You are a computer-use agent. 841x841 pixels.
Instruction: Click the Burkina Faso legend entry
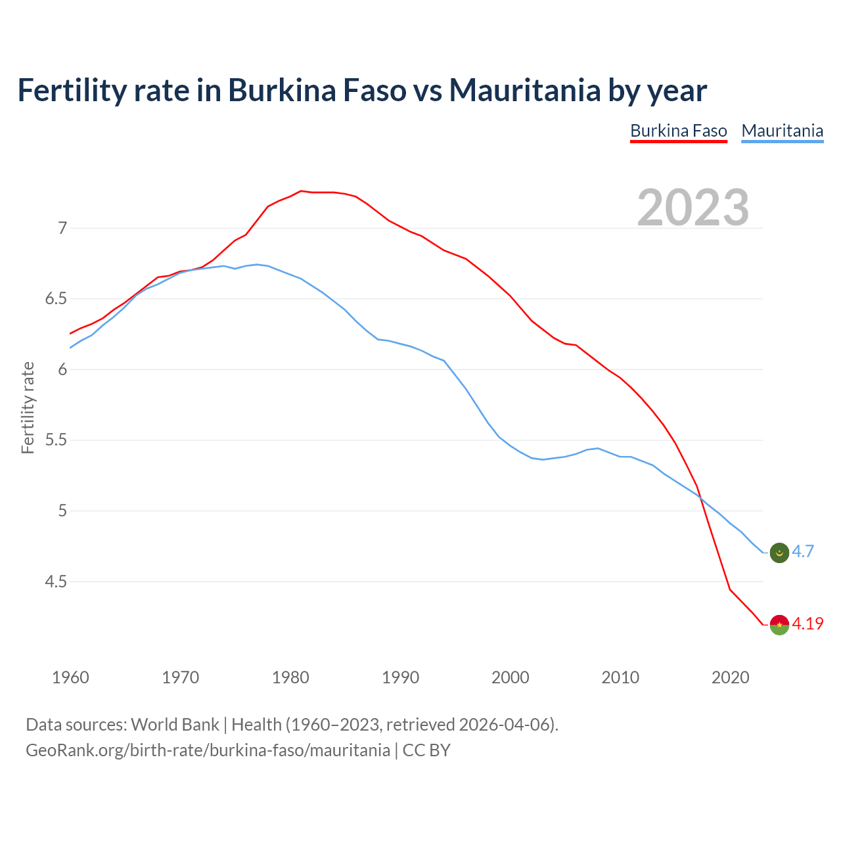(678, 131)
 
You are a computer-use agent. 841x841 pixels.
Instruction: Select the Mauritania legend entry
(782, 131)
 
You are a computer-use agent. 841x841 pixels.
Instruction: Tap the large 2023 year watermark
(693, 208)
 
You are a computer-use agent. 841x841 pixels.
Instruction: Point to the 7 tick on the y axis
(62, 228)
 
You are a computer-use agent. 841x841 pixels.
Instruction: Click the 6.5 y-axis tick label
(57, 299)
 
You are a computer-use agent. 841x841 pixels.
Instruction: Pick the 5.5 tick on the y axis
(57, 440)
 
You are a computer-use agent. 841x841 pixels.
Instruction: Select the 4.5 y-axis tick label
(57, 581)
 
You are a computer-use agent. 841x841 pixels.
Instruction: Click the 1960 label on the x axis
(70, 677)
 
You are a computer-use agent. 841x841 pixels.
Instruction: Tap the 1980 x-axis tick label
(290, 677)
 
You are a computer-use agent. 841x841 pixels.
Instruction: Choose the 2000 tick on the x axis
(510, 677)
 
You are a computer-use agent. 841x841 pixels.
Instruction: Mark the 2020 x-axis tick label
(730, 677)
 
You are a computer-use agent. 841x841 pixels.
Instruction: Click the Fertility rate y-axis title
(28, 407)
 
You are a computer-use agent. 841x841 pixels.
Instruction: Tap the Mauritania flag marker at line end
(779, 553)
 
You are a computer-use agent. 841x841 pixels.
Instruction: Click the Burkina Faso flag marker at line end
(779, 624)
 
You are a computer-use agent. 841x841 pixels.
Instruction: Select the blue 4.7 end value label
(803, 552)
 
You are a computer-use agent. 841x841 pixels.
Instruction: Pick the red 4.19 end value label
(807, 624)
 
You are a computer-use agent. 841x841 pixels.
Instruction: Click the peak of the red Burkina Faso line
(301, 191)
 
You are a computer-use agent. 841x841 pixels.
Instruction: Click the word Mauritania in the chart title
(524, 90)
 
